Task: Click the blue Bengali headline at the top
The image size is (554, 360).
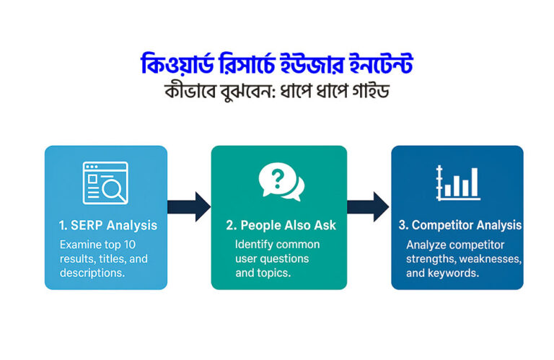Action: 277,64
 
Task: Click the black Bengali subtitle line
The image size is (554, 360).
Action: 277,92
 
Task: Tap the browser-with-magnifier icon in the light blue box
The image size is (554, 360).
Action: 105,182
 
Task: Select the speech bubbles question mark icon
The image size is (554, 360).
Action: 280,182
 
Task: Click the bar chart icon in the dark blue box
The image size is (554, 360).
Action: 457,182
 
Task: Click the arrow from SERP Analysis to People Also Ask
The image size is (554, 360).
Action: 189,206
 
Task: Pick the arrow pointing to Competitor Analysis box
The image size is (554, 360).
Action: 369,206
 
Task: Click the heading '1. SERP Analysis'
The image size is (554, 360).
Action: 108,225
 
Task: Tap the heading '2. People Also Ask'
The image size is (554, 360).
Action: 281,225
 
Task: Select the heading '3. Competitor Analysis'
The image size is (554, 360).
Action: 460,225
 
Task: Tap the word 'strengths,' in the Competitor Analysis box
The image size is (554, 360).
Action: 431,258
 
